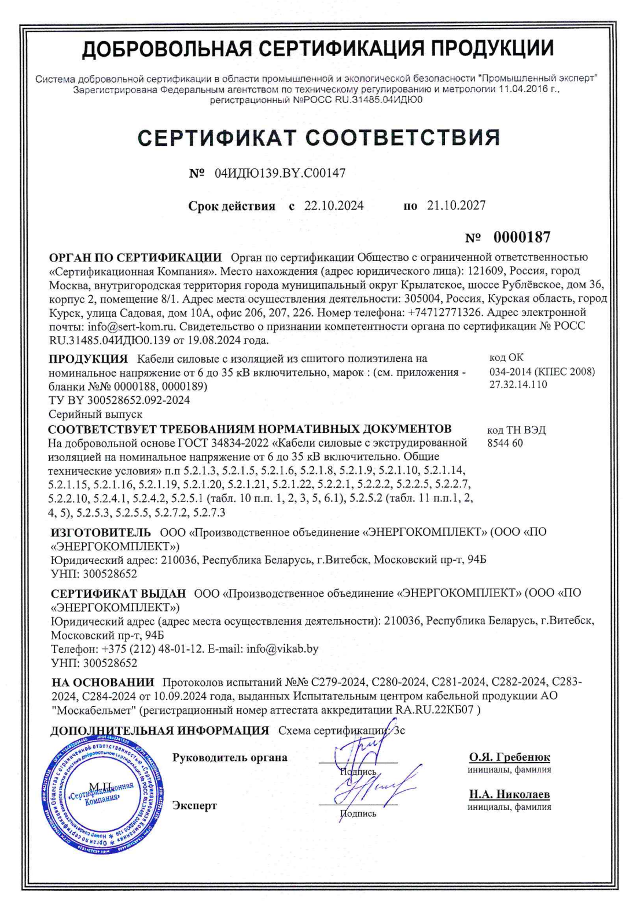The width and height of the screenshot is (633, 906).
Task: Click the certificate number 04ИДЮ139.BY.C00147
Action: coord(279,174)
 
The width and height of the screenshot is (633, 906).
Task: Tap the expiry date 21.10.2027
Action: coord(457,205)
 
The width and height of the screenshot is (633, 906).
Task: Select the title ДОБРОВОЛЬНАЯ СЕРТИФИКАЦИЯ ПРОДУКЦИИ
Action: coord(318,49)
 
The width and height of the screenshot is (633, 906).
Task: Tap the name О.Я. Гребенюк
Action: coord(509,757)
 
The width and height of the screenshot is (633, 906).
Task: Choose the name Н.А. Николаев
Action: coord(509,794)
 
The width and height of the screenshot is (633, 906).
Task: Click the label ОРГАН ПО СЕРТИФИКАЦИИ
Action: coord(135,257)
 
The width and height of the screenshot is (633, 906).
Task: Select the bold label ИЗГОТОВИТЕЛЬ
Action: coord(101,532)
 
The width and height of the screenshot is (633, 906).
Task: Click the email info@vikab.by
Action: coord(282,649)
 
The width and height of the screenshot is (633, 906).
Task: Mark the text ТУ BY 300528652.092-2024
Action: coord(119,400)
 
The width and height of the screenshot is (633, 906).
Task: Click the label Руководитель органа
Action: coord(230,758)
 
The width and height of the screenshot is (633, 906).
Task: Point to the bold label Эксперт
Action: coord(194,805)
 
